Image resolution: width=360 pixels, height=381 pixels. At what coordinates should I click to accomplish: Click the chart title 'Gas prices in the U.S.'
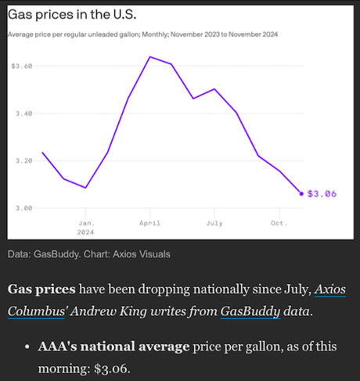tap(71, 15)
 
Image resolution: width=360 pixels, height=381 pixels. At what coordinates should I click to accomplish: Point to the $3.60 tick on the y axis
tap(22, 66)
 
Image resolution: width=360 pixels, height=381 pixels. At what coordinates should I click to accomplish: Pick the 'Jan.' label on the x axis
tap(86, 223)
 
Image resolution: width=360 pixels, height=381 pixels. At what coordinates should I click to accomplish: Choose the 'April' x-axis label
tap(149, 223)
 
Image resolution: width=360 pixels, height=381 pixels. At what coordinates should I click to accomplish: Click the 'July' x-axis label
tap(214, 223)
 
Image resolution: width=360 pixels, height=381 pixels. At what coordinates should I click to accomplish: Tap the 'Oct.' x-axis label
tap(279, 223)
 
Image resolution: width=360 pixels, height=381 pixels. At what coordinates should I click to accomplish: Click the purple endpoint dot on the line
tap(302, 193)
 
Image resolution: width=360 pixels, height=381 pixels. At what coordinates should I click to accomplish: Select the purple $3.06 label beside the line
tap(322, 193)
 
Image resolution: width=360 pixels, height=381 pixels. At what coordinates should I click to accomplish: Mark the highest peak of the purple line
tap(149, 57)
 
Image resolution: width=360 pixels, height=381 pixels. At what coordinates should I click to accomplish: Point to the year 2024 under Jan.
tap(86, 232)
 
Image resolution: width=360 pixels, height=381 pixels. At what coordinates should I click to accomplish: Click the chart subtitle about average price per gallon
tap(142, 35)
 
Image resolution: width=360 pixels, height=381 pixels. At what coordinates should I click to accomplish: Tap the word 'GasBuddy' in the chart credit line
tap(58, 254)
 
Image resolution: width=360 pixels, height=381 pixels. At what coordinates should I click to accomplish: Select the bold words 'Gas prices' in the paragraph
tap(40, 289)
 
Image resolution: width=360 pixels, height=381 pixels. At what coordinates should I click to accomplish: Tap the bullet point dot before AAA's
tap(27, 346)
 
